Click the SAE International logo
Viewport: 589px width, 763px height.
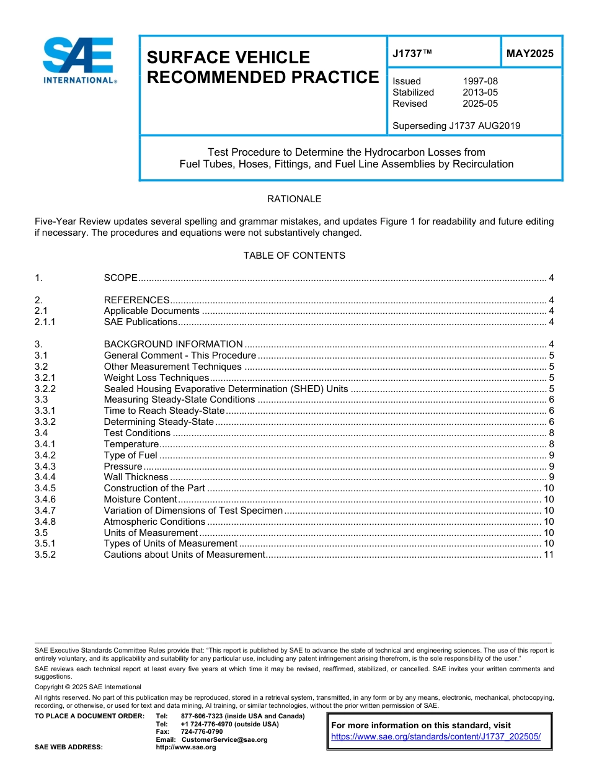click(78, 60)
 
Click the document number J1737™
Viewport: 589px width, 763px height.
click(412, 53)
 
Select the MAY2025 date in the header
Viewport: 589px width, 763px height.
click(529, 53)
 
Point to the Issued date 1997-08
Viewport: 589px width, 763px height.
click(480, 81)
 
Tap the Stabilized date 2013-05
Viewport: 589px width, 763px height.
click(480, 92)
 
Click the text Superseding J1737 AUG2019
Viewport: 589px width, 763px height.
click(456, 126)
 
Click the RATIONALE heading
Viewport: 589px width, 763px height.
click(294, 199)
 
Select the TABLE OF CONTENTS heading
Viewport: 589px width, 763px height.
click(294, 256)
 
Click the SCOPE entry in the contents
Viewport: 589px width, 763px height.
click(120, 277)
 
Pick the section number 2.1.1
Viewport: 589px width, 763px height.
click(45, 322)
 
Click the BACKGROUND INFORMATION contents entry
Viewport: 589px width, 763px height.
click(173, 344)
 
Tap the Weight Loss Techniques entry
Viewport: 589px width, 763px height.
click(156, 378)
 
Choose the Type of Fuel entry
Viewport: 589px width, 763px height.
click(130, 455)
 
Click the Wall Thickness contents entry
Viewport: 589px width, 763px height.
click(136, 477)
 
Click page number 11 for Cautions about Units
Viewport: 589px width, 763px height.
click(548, 555)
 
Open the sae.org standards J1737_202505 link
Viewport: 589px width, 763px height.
click(436, 737)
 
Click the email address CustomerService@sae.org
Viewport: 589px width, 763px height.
click(224, 739)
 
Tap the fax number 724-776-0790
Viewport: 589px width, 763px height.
click(201, 732)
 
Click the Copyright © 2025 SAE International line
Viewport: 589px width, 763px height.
click(88, 687)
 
